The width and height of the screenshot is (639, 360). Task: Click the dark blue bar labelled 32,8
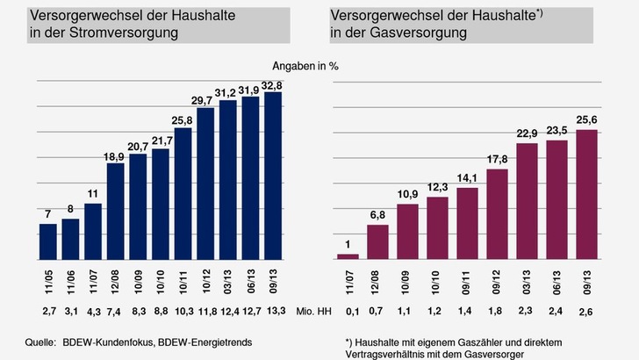click(x=272, y=176)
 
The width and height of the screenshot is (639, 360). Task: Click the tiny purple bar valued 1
click(x=348, y=256)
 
